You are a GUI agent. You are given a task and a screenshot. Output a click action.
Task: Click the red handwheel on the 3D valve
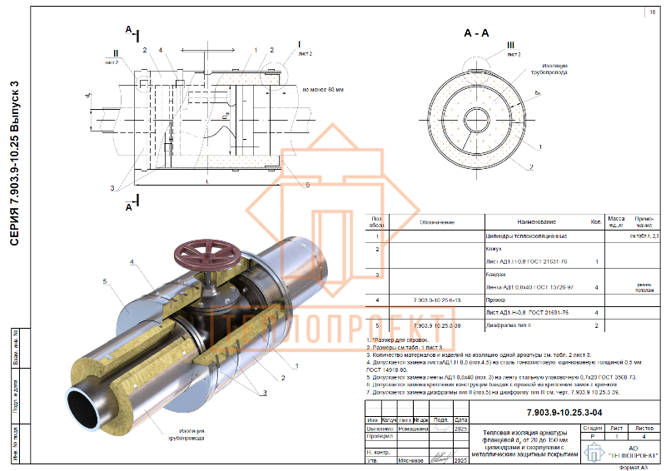[x=206, y=253]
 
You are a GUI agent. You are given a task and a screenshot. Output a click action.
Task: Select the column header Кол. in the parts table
[x=595, y=223]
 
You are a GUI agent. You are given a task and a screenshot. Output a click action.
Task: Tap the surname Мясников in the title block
[x=413, y=459]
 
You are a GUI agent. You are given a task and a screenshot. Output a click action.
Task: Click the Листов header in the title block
[x=644, y=427]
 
